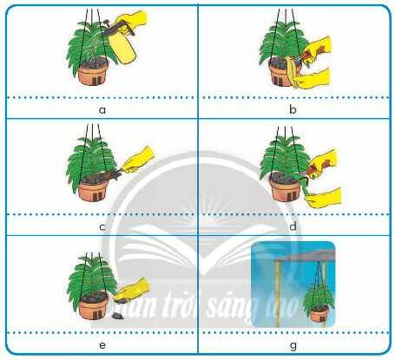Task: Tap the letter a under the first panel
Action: click(102, 111)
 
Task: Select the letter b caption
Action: click(296, 111)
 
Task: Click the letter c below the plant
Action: click(102, 226)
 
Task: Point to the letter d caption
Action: click(296, 226)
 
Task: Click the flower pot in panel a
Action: click(94, 73)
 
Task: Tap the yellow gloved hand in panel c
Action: click(136, 160)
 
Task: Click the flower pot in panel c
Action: click(94, 190)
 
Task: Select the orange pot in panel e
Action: click(89, 304)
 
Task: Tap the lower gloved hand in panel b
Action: click(318, 80)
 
